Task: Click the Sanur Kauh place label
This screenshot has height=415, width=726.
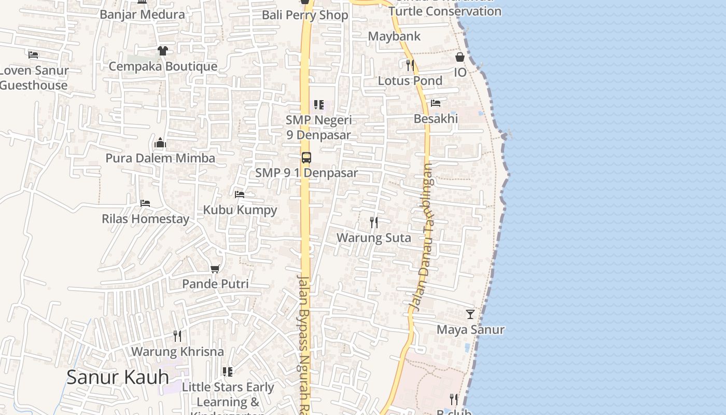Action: [x=118, y=377]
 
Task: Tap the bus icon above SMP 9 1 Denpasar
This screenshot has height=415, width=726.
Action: [x=306, y=158]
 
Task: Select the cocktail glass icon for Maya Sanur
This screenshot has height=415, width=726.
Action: [x=470, y=314]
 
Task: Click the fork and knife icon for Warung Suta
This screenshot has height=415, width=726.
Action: [x=373, y=223]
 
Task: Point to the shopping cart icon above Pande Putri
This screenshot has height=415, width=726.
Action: [x=215, y=269]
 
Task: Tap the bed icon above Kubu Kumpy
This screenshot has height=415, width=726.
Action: [x=240, y=195]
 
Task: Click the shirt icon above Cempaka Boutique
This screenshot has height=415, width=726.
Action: [x=163, y=51]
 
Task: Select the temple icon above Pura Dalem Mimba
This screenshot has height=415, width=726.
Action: [x=160, y=143]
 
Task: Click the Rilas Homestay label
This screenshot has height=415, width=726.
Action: [x=146, y=219]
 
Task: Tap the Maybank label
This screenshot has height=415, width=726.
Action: [x=394, y=36]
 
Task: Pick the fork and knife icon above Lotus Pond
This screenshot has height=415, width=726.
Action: [x=410, y=65]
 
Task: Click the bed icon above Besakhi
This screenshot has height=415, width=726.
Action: [x=436, y=103]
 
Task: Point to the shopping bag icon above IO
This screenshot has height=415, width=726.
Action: [x=460, y=57]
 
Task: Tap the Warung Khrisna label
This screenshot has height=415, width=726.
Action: [x=177, y=352]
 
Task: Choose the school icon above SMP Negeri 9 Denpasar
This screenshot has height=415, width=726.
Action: [x=319, y=105]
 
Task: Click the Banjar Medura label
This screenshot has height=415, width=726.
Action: [x=142, y=15]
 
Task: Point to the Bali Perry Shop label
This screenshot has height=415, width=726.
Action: [x=305, y=15]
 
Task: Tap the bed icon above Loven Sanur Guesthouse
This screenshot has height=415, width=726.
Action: [x=33, y=54]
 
